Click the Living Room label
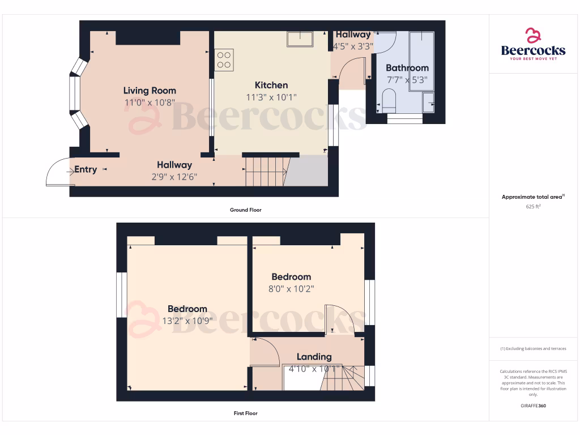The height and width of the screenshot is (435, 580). coord(150,91)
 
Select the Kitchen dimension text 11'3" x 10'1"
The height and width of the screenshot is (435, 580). coord(271,97)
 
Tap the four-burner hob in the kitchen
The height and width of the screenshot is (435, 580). coord(224,60)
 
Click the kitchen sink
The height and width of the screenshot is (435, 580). coord(300,39)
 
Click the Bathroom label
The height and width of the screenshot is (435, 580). coord(407,68)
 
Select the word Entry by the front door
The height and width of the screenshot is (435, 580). coord(86,169)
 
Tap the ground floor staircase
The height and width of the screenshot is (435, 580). coord(265,171)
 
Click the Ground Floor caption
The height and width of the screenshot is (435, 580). coord(245,210)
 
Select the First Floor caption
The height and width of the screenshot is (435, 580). coord(245,413)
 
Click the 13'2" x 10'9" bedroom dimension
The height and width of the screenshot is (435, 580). coord(187,321)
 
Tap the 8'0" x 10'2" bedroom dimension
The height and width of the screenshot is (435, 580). coord(291,289)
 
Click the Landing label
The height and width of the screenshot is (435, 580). coord(314,357)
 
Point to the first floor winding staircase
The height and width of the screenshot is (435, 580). coord(343,378)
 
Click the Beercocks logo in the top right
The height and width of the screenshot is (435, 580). coord(533,44)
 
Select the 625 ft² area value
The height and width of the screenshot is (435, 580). coord(533,207)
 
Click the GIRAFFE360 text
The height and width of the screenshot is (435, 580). coord(533,406)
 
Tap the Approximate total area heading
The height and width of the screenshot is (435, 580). coord(532,197)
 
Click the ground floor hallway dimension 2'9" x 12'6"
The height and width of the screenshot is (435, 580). coord(174,177)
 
